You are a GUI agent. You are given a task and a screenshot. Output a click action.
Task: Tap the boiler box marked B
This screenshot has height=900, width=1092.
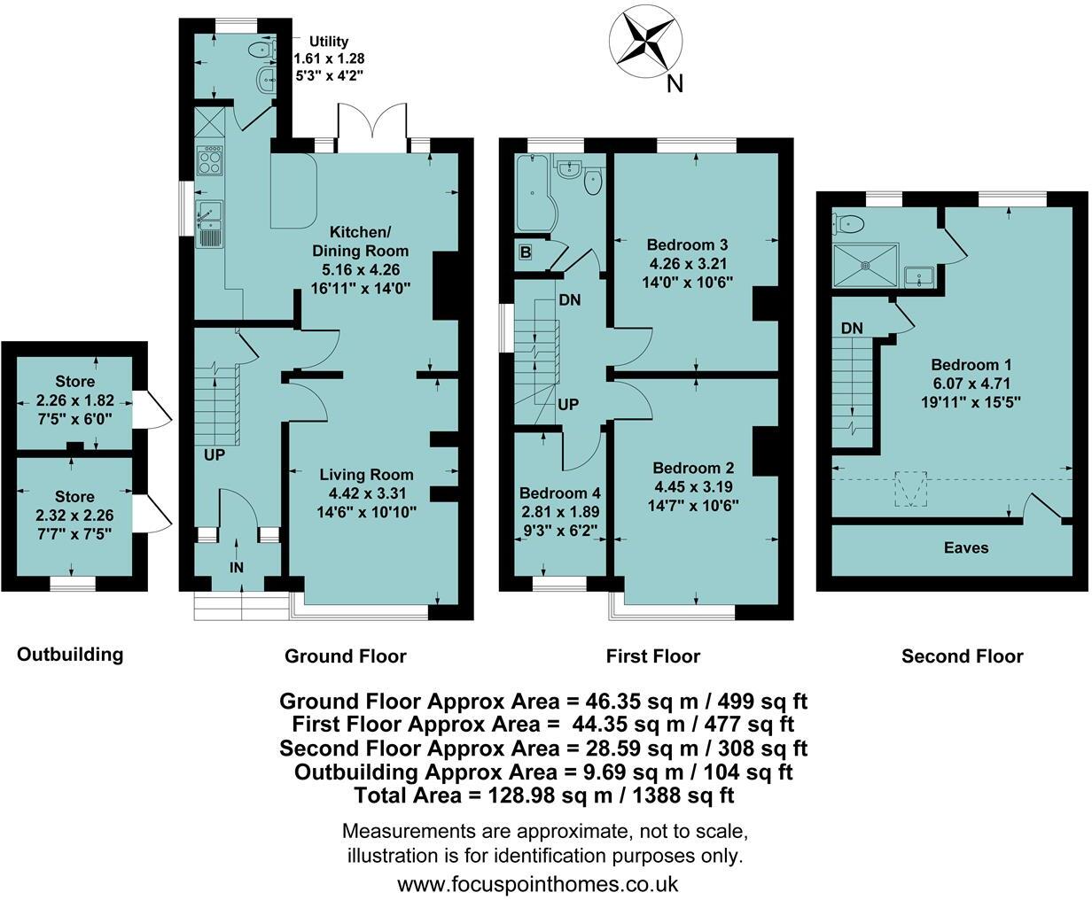[x=526, y=253]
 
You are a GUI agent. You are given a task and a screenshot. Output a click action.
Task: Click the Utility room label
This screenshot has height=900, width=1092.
[x=328, y=41]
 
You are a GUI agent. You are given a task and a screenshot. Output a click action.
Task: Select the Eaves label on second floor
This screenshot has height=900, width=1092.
[x=966, y=547]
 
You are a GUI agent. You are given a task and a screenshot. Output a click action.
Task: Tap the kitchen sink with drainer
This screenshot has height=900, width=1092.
[x=211, y=221]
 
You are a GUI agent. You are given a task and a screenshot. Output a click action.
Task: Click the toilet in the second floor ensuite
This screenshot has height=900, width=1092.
[x=849, y=222]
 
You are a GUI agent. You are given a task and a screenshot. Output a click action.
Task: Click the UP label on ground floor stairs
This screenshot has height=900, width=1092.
[x=214, y=455]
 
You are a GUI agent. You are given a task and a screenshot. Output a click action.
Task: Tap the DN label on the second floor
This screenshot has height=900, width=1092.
[x=852, y=329]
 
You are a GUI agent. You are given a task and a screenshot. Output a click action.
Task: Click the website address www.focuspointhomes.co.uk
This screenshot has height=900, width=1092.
[x=538, y=883]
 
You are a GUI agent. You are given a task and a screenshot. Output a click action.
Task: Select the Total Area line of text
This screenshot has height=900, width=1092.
[x=544, y=795]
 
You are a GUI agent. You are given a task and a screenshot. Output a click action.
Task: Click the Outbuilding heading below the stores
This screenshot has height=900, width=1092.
[x=70, y=655]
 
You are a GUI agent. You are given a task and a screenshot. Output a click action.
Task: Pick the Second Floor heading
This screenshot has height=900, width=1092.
[x=962, y=656]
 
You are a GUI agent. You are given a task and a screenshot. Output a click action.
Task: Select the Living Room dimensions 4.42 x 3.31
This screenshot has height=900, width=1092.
[x=366, y=493]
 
